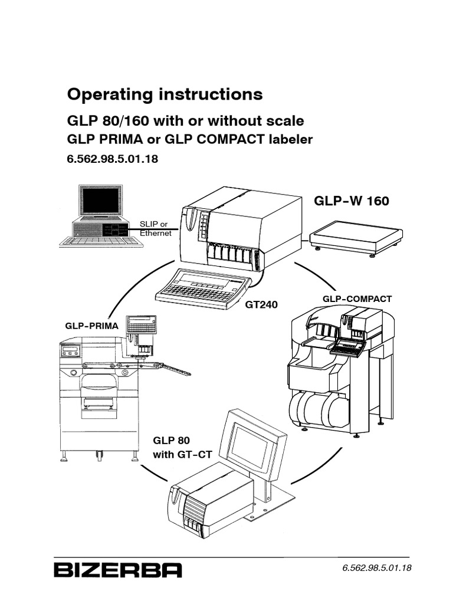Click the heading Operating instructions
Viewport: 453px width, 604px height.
pos(165,94)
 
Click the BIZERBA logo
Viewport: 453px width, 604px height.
pos(118,570)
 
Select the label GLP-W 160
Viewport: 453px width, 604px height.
pos(352,201)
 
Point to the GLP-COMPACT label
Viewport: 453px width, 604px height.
pos(357,299)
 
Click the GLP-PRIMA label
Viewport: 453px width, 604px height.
pos(91,326)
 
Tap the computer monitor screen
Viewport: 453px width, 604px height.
pos(101,201)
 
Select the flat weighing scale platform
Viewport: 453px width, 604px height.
pos(356,235)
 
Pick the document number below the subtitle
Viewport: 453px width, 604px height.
pos(113,159)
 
